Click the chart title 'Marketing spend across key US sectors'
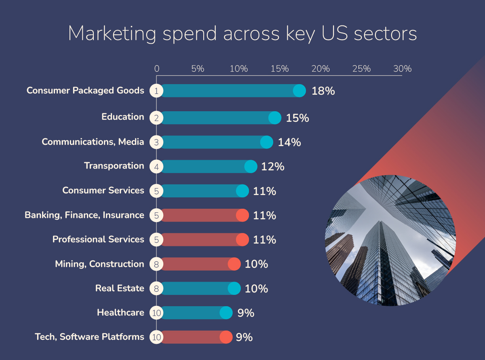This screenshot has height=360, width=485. tap(242, 34)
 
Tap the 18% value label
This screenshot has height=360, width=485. tap(323, 91)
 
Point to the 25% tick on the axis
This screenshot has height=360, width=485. tap(361, 69)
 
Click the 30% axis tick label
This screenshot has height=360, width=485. tap(402, 69)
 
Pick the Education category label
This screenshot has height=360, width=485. tap(122, 117)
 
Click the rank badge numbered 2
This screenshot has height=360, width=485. tap(156, 118)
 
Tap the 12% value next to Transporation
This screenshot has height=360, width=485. tap(272, 167)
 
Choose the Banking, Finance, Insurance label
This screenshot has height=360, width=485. tap(84, 215)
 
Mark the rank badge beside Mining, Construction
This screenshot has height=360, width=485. tap(156, 264)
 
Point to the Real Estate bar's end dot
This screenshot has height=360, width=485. tap(234, 288)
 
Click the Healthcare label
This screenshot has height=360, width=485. tap(120, 313)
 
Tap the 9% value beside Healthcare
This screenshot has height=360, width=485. tap(245, 313)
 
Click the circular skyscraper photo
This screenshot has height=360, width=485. tap(390, 240)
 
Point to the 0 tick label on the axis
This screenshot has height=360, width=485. tap(157, 69)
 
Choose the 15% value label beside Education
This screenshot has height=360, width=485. tap(297, 118)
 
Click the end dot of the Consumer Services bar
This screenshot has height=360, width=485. tap(242, 191)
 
